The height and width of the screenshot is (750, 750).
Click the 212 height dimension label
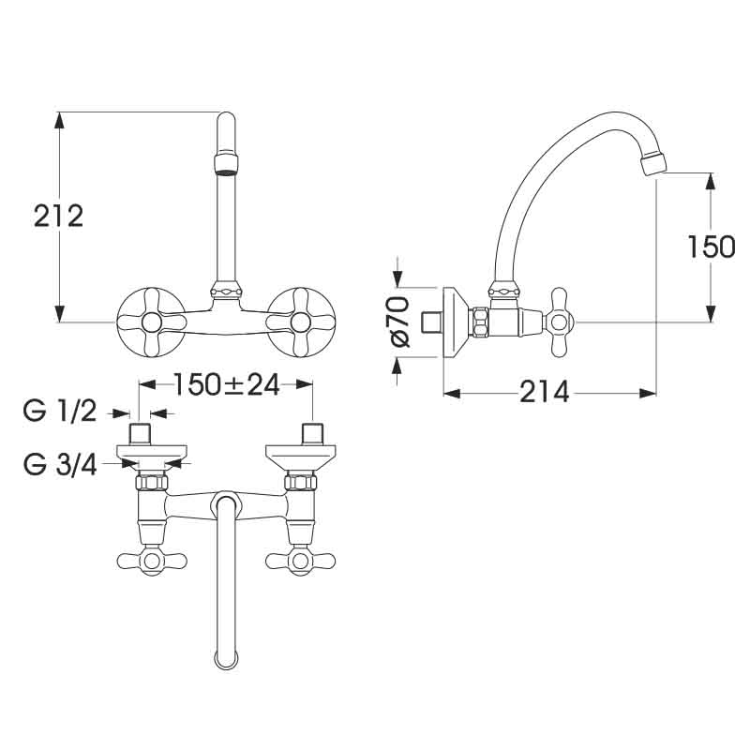tap(59, 217)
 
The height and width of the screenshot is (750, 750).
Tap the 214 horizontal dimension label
tap(545, 392)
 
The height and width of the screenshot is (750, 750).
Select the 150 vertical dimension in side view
tap(711, 247)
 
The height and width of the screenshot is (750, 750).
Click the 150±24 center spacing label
tap(226, 384)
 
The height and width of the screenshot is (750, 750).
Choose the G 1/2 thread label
tap(60, 412)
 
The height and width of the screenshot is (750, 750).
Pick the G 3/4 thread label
tap(60, 464)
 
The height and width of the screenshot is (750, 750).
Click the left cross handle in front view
tap(151, 322)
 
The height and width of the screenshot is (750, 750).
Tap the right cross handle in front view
tap(301, 322)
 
